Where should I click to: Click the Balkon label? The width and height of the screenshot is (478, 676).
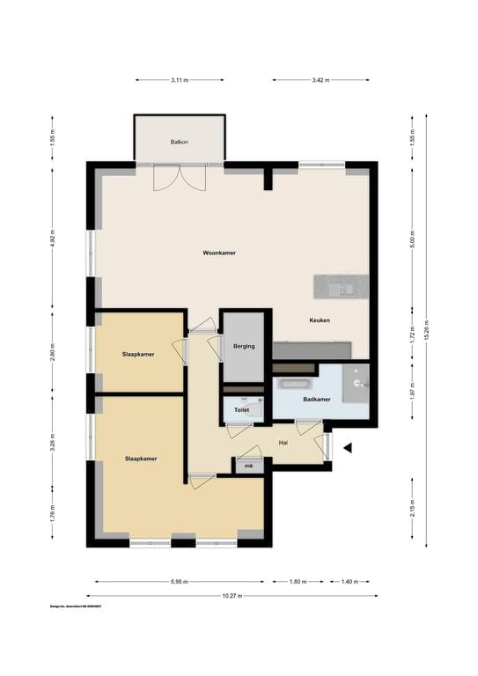pyautogui.click(x=180, y=142)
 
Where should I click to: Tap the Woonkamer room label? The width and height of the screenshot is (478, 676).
pyautogui.click(x=219, y=253)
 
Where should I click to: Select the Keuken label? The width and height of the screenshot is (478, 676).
pyautogui.click(x=320, y=320)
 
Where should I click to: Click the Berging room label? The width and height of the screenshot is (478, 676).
pyautogui.click(x=244, y=346)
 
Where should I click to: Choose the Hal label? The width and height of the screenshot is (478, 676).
pyautogui.click(x=283, y=443)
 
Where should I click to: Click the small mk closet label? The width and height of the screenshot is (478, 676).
pyautogui.click(x=249, y=465)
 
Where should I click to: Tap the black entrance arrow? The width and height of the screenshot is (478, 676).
pyautogui.click(x=348, y=448)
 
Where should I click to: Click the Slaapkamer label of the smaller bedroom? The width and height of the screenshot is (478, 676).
pyautogui.click(x=138, y=354)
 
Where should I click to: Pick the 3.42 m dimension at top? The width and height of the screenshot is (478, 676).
pyautogui.click(x=320, y=80)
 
